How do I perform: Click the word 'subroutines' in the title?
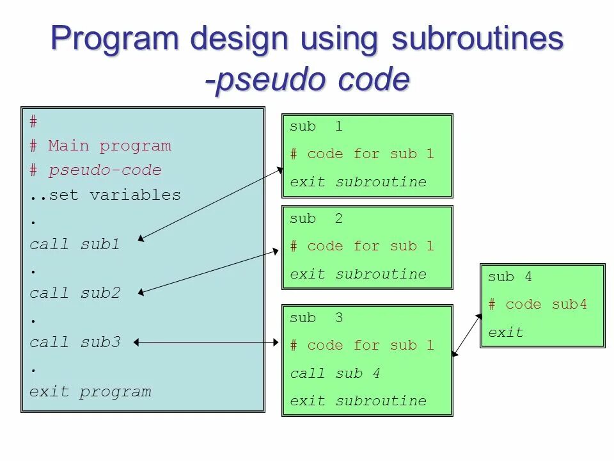pos(478,40)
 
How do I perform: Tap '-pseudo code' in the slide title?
pos(307,81)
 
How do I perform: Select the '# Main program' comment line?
pos(100,146)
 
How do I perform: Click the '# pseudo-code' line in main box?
pos(95,170)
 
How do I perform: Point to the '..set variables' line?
pos(106,195)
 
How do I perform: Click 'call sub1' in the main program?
pos(75,244)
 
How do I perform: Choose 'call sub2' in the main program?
pos(75,293)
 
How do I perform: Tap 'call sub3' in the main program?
pos(75,342)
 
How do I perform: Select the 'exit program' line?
pos(90,391)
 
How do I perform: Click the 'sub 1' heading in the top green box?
pos(316,127)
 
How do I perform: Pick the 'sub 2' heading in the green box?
pos(316,219)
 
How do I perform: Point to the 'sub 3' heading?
pos(316,318)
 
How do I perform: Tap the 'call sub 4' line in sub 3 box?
pos(335,373)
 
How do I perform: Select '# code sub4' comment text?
pos(537,305)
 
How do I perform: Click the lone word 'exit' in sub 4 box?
pos(505,332)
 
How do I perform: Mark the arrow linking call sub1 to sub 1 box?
pos(211,204)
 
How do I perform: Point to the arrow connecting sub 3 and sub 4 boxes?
pos(467,334)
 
